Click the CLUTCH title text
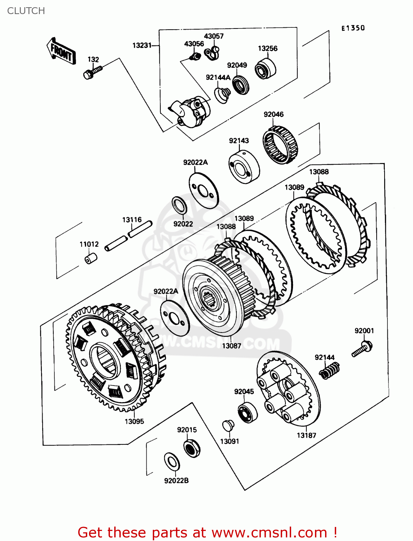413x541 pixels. [x=26, y=11]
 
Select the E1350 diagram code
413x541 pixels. [x=353, y=28]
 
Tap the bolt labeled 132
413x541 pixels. [x=92, y=72]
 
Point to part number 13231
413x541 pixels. [x=142, y=45]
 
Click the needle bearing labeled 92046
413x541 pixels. [x=280, y=145]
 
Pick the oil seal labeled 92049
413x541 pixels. [x=240, y=85]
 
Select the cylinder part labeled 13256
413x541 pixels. [x=266, y=69]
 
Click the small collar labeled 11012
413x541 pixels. [x=91, y=258]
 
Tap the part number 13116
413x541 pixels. [x=132, y=220]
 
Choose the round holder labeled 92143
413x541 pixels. [x=244, y=167]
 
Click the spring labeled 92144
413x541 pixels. [x=329, y=371]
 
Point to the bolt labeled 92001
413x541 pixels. [x=363, y=348]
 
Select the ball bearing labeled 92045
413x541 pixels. [x=248, y=412]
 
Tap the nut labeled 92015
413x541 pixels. [x=192, y=448]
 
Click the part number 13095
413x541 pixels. [x=134, y=421]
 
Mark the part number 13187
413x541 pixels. [x=306, y=435]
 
